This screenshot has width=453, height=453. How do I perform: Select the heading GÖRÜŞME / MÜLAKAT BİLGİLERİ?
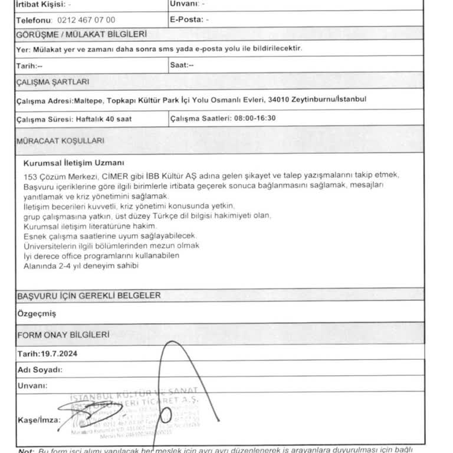(82, 35)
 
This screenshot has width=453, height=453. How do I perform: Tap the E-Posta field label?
(184, 19)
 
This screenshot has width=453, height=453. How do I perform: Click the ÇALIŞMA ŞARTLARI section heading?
(53, 81)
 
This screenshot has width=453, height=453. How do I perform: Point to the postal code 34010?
(280, 99)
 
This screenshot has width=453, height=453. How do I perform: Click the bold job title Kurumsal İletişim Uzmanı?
(74, 163)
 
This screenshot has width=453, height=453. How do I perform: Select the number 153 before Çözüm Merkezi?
(30, 176)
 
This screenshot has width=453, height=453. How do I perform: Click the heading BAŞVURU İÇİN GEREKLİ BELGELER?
(88, 295)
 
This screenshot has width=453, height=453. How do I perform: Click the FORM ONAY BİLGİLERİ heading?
(63, 334)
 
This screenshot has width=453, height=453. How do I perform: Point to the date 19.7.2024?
(60, 354)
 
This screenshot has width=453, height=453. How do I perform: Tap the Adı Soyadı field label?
(40, 369)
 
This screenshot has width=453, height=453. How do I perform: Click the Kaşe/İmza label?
(38, 419)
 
